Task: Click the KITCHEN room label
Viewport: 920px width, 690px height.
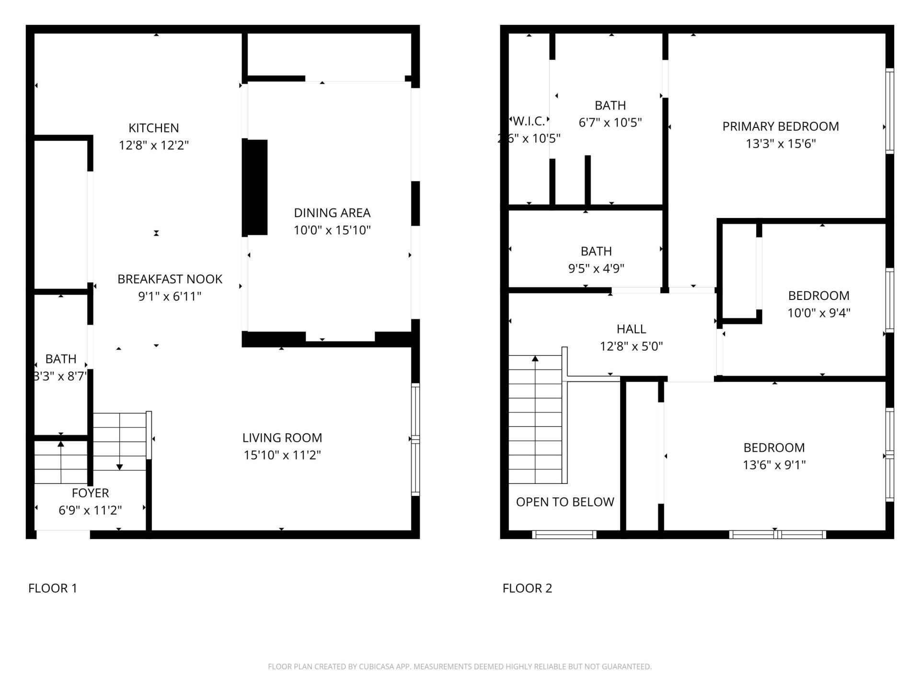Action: (154, 128)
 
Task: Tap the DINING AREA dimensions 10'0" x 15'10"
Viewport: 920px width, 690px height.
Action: (332, 230)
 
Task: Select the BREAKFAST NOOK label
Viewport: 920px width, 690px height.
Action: (170, 279)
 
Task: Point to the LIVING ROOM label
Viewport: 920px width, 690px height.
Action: (282, 437)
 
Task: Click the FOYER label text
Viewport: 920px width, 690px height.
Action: (90, 493)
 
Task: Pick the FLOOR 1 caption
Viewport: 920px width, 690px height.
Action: (53, 588)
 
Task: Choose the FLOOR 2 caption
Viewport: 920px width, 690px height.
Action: (527, 588)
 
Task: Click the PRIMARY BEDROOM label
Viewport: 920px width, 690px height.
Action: (781, 126)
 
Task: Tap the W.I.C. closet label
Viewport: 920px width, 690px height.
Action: (529, 121)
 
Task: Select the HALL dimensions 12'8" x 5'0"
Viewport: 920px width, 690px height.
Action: (631, 346)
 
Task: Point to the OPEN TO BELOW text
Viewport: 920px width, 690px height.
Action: (565, 502)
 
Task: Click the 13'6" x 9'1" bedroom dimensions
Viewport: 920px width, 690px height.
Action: (774, 465)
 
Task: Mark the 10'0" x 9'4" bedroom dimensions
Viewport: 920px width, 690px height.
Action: (818, 313)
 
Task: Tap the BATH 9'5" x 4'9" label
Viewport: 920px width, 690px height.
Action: (596, 251)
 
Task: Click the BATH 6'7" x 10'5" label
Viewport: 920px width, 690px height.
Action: (610, 105)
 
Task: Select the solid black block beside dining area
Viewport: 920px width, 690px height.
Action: (255, 187)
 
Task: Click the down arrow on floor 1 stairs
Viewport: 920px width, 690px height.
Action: (120, 466)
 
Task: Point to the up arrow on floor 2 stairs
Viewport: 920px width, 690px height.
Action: (535, 358)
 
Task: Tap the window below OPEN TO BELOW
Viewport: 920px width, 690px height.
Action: (564, 535)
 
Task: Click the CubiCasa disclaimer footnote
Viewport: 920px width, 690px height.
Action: (460, 667)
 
